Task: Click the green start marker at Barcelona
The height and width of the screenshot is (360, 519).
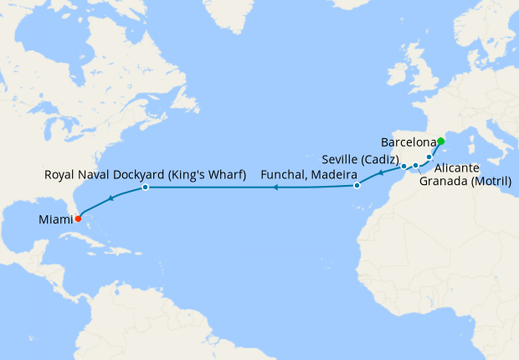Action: click(441, 140)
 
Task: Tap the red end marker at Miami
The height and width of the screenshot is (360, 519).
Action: click(78, 219)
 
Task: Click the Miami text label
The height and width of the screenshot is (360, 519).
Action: click(55, 220)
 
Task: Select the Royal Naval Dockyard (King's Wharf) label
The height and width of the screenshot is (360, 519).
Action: click(144, 175)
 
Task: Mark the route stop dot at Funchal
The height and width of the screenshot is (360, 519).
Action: click(357, 185)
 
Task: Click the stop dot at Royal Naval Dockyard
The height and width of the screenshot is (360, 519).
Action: click(146, 187)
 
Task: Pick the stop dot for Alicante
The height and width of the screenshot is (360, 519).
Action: click(429, 157)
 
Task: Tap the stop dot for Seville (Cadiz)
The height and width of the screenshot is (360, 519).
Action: click(403, 166)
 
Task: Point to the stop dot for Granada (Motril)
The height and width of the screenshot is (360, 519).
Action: click(415, 166)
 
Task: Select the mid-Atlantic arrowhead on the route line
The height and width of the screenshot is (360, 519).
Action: click(274, 188)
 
